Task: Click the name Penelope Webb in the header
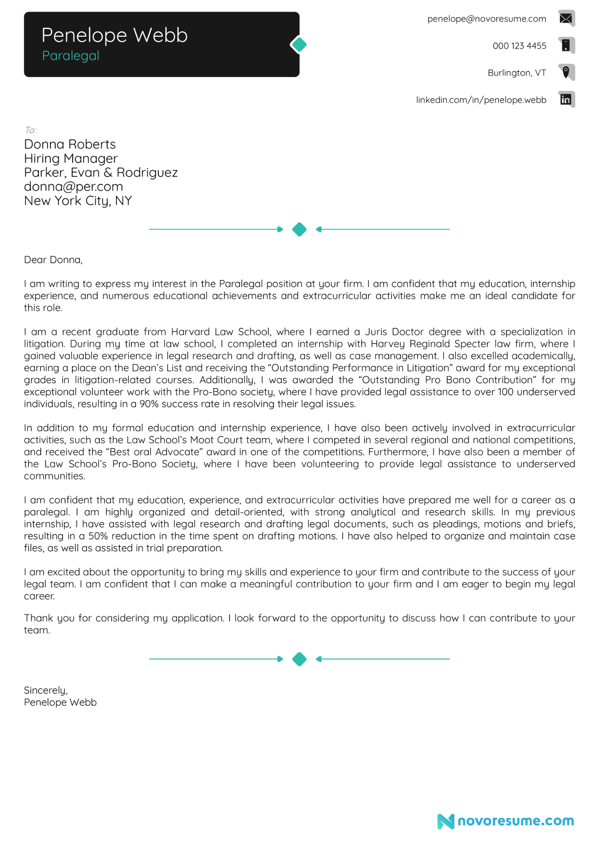click(114, 35)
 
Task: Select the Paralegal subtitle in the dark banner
click(71, 56)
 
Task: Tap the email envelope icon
click(566, 18)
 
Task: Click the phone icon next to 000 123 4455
click(566, 45)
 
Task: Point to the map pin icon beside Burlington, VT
click(566, 72)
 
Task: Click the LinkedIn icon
click(566, 100)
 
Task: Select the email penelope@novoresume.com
click(486, 19)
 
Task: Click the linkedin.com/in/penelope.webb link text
click(481, 100)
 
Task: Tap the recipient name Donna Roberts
click(70, 145)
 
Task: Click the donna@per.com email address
click(73, 187)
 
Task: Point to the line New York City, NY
click(78, 201)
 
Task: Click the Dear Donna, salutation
click(53, 260)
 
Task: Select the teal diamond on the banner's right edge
click(299, 45)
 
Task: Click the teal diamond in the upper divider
click(299, 230)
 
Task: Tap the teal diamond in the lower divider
click(299, 659)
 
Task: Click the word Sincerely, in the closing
click(46, 691)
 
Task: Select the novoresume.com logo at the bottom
click(506, 821)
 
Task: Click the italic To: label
click(30, 130)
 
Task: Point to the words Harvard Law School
click(220, 332)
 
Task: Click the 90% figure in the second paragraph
click(148, 404)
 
